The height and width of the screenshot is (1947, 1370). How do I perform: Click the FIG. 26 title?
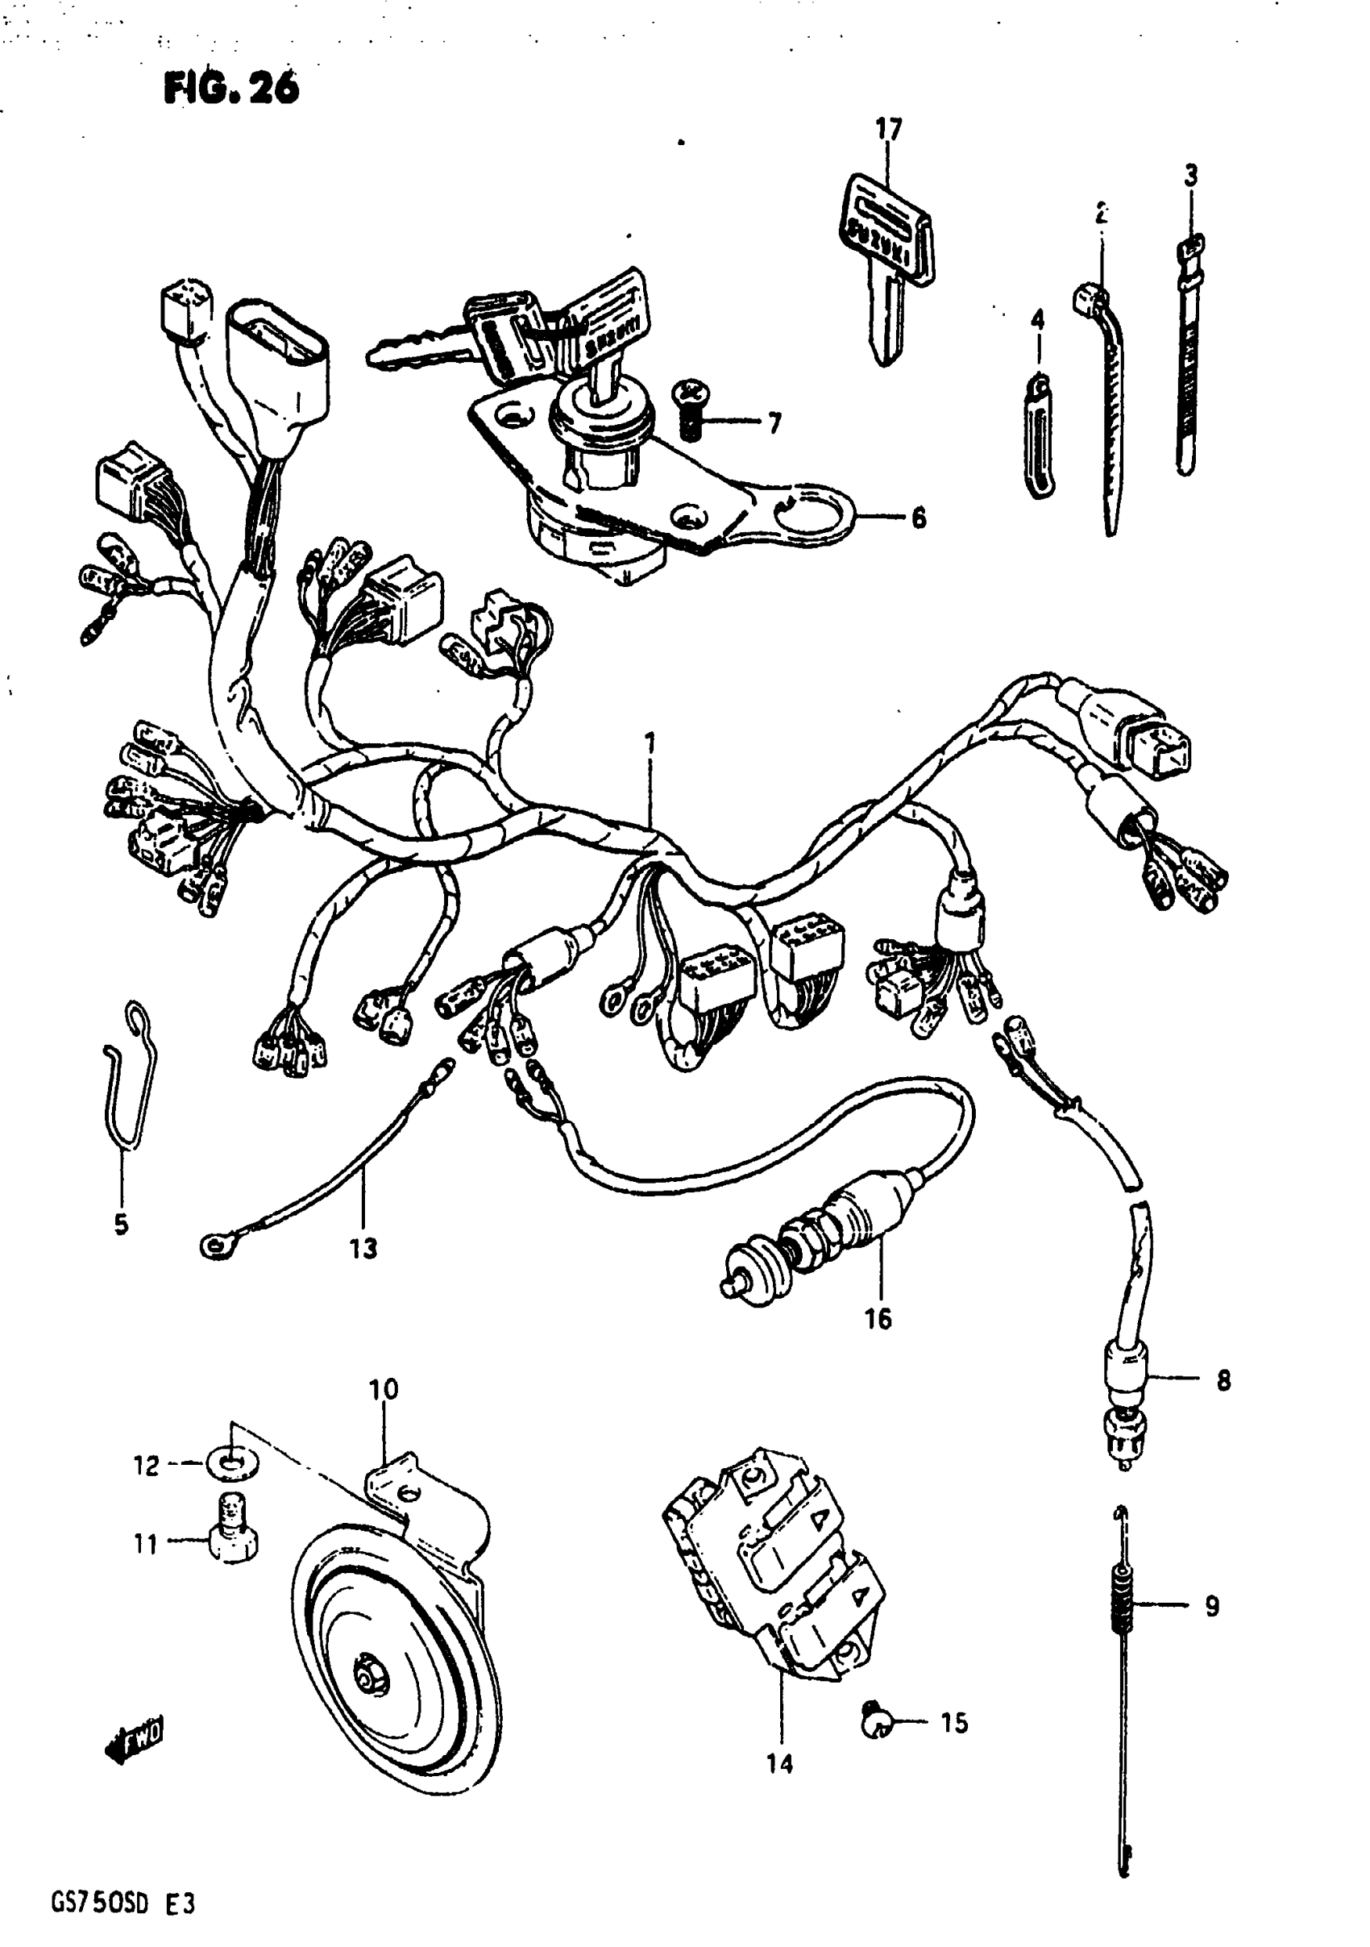click(x=231, y=87)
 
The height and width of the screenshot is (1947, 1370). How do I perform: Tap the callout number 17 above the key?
click(x=888, y=129)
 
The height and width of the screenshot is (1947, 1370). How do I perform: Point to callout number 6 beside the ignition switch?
click(x=918, y=517)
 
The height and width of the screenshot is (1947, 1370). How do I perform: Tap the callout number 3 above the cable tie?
click(x=1191, y=176)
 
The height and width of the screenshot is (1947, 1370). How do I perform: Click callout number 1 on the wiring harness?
click(x=650, y=743)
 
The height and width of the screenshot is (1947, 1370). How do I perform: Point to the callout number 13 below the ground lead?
click(x=363, y=1248)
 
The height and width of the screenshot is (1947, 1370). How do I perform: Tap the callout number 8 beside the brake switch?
click(x=1223, y=1380)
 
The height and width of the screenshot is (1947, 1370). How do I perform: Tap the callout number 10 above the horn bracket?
click(x=383, y=1389)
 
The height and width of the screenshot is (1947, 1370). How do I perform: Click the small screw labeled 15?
click(x=874, y=1721)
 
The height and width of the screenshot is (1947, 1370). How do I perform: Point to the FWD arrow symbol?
click(x=133, y=1739)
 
